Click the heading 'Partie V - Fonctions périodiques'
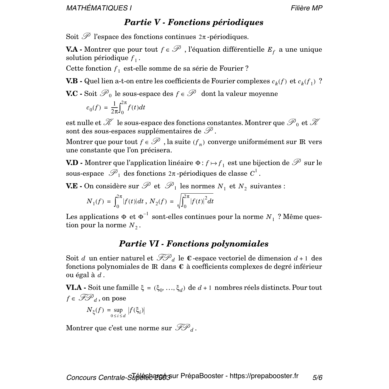tap(194, 23)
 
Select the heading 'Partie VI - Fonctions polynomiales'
tap(194, 244)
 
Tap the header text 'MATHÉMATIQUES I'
tap(99, 8)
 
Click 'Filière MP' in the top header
tap(306, 8)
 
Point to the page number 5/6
tap(317, 378)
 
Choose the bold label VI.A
tap(75, 288)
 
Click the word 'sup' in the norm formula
tap(118, 310)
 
